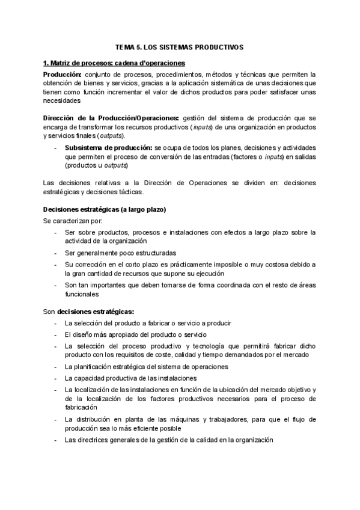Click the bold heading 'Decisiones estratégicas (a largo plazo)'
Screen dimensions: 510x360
pos(105,209)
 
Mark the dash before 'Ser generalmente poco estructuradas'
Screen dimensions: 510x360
pos(56,253)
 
